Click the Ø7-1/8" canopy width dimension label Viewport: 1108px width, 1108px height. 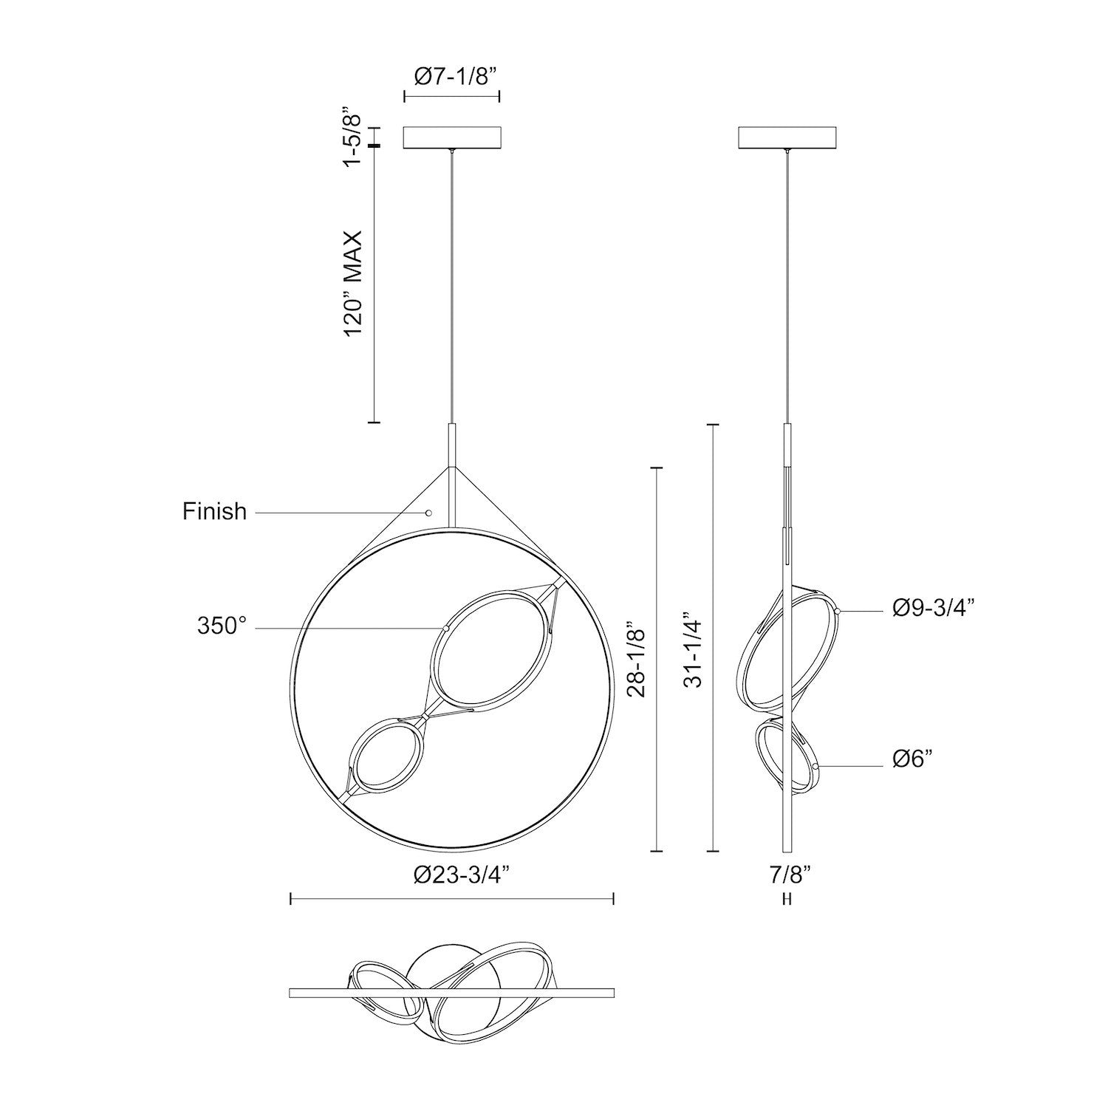coord(452,76)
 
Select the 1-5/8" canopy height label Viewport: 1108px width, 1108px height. coord(357,138)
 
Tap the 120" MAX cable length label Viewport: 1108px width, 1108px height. coord(357,284)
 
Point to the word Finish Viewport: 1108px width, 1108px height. coord(214,511)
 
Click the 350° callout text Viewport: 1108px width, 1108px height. coord(221,626)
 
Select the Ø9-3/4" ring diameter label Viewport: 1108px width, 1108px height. coord(934,607)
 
